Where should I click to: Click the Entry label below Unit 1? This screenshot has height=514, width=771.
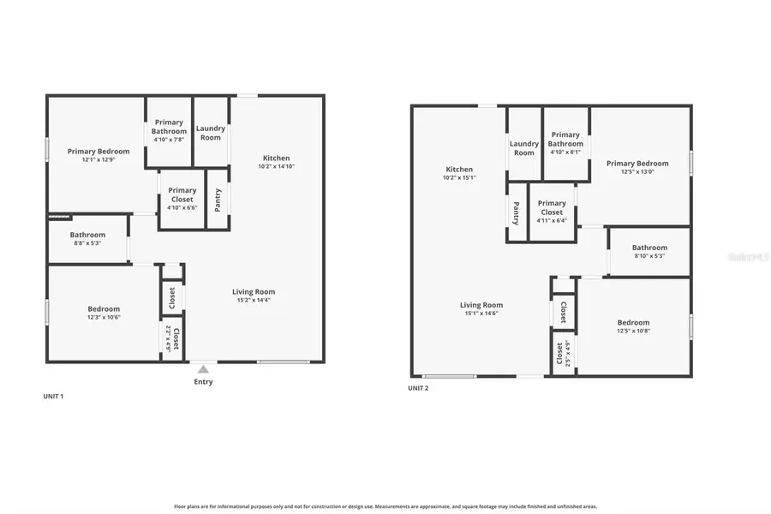click(x=203, y=382)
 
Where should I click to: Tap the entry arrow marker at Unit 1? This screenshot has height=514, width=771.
click(x=203, y=368)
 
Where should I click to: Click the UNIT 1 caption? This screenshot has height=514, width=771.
click(x=53, y=397)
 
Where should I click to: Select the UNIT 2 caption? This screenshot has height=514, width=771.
click(x=418, y=388)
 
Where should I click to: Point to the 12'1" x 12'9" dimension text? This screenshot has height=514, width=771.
click(x=99, y=159)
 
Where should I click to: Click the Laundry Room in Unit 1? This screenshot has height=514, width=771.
click(x=211, y=133)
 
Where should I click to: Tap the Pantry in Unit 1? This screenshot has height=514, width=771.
click(x=218, y=200)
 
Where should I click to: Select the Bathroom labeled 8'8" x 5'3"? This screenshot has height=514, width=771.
click(x=87, y=239)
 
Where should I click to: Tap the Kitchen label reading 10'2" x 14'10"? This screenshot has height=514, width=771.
click(x=276, y=162)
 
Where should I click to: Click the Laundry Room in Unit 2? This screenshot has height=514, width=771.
click(x=524, y=148)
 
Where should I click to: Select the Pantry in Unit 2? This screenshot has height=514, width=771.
click(x=517, y=212)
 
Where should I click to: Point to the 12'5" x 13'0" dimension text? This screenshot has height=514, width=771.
click(x=637, y=171)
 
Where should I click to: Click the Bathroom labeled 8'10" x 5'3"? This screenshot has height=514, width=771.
click(x=649, y=251)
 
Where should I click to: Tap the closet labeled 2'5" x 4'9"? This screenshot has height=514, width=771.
click(x=563, y=352)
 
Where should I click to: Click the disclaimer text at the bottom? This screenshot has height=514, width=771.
click(x=385, y=506)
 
